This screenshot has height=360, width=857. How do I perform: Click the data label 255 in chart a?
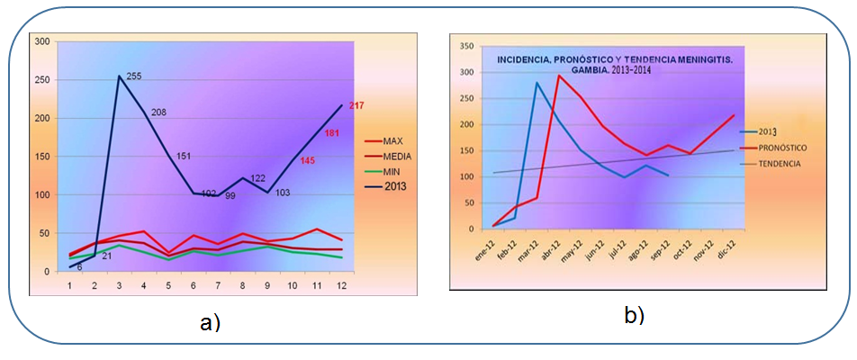click(x=135, y=76)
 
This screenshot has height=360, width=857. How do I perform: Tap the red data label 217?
click(x=356, y=106)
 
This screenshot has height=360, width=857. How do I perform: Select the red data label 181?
click(x=332, y=134)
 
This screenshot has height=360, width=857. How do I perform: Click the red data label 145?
click(x=308, y=160)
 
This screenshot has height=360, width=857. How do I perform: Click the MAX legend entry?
click(x=393, y=141)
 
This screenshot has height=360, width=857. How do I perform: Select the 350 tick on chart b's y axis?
click(x=466, y=45)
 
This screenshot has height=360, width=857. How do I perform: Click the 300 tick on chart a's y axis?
click(x=42, y=41)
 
